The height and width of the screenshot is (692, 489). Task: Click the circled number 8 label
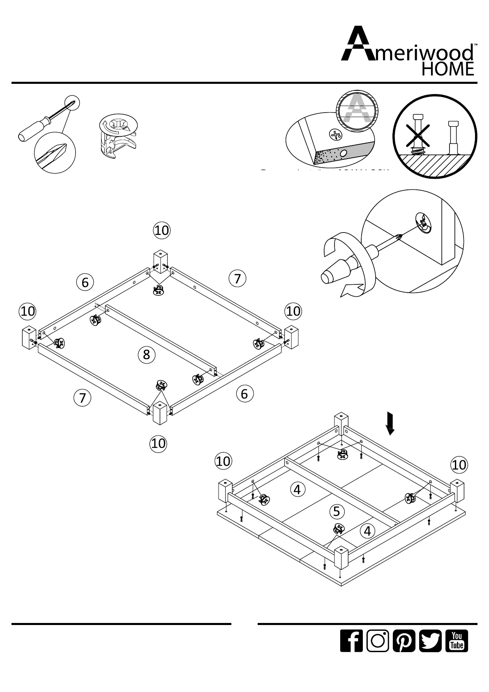(147, 354)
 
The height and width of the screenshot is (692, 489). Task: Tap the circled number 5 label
(337, 512)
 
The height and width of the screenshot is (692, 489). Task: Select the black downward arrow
(390, 424)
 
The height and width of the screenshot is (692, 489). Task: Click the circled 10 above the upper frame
(162, 230)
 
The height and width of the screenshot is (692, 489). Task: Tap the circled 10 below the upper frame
(158, 443)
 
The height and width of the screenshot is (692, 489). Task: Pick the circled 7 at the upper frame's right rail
(237, 279)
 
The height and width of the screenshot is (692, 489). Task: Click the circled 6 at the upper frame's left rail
(85, 282)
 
